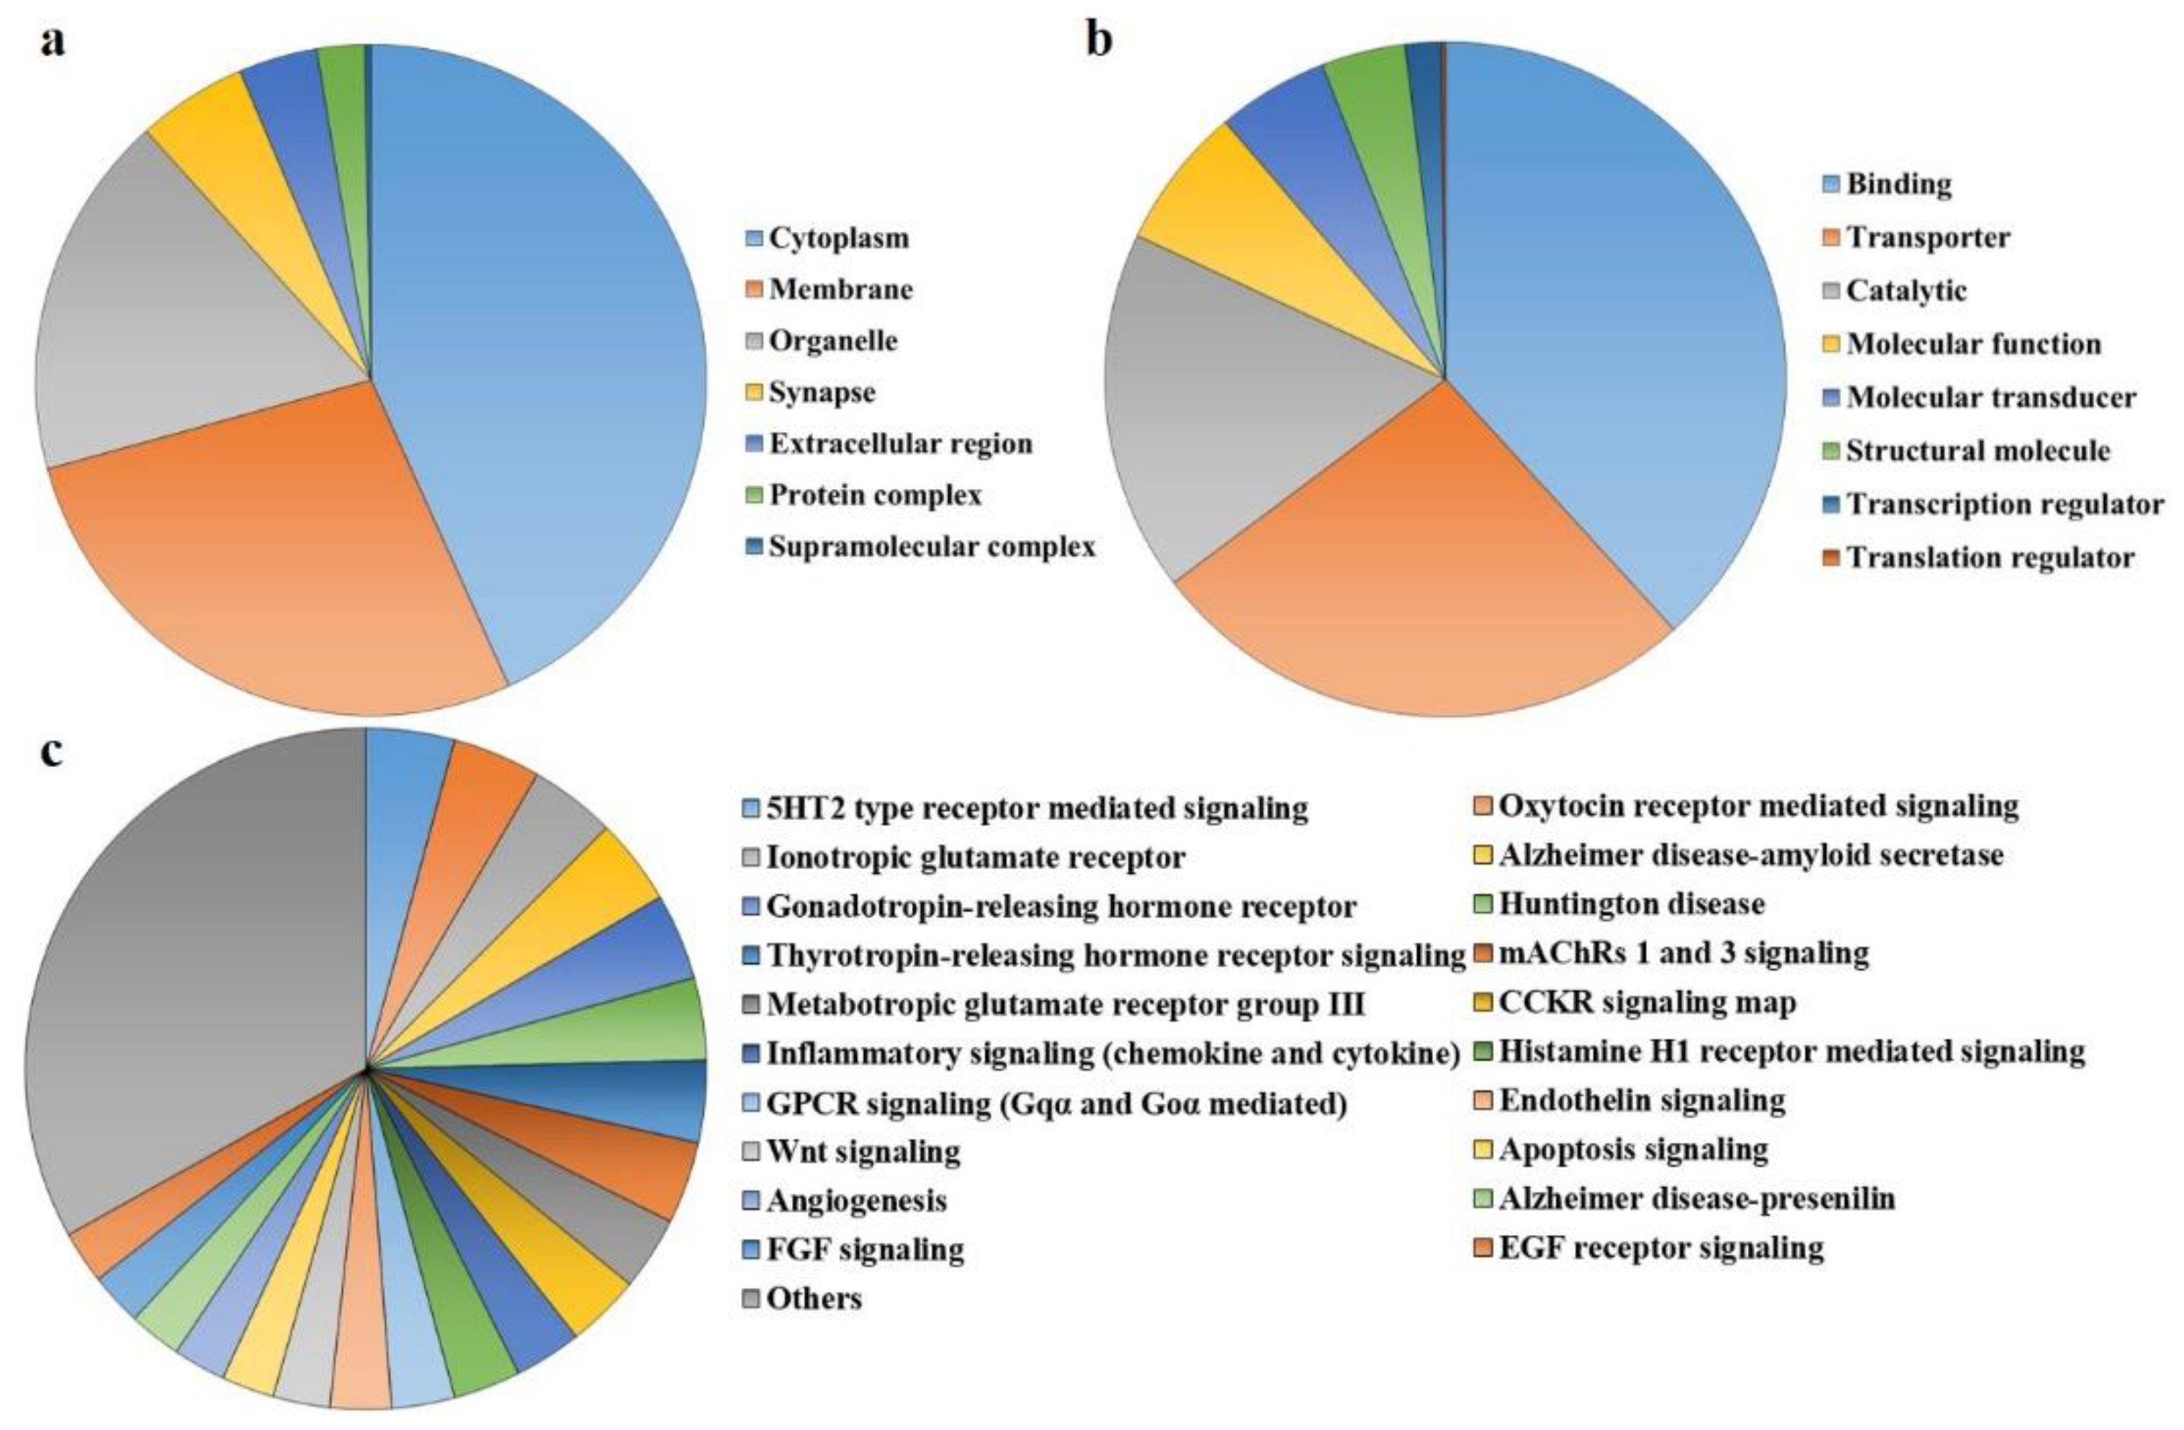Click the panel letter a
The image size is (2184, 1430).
click(53, 41)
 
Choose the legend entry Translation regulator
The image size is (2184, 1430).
click(1990, 557)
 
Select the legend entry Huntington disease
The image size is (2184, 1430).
click(1632, 904)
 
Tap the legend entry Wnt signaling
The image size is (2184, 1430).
click(863, 1151)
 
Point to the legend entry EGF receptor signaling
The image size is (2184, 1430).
click(1661, 1249)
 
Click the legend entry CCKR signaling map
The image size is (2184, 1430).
click(1647, 1002)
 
